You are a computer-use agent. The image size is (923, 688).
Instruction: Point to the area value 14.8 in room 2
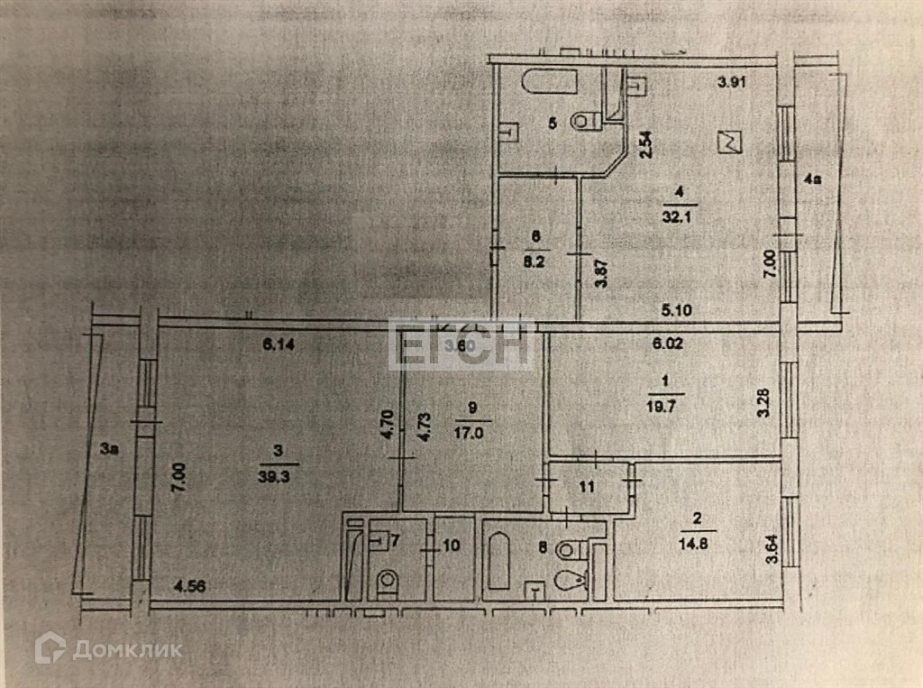693,544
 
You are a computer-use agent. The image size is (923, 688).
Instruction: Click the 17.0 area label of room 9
472,432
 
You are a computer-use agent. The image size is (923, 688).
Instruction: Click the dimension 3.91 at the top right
733,84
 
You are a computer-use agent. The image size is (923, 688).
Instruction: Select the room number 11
587,488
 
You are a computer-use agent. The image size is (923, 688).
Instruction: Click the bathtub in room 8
499,561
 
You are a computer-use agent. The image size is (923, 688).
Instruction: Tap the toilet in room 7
387,582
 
